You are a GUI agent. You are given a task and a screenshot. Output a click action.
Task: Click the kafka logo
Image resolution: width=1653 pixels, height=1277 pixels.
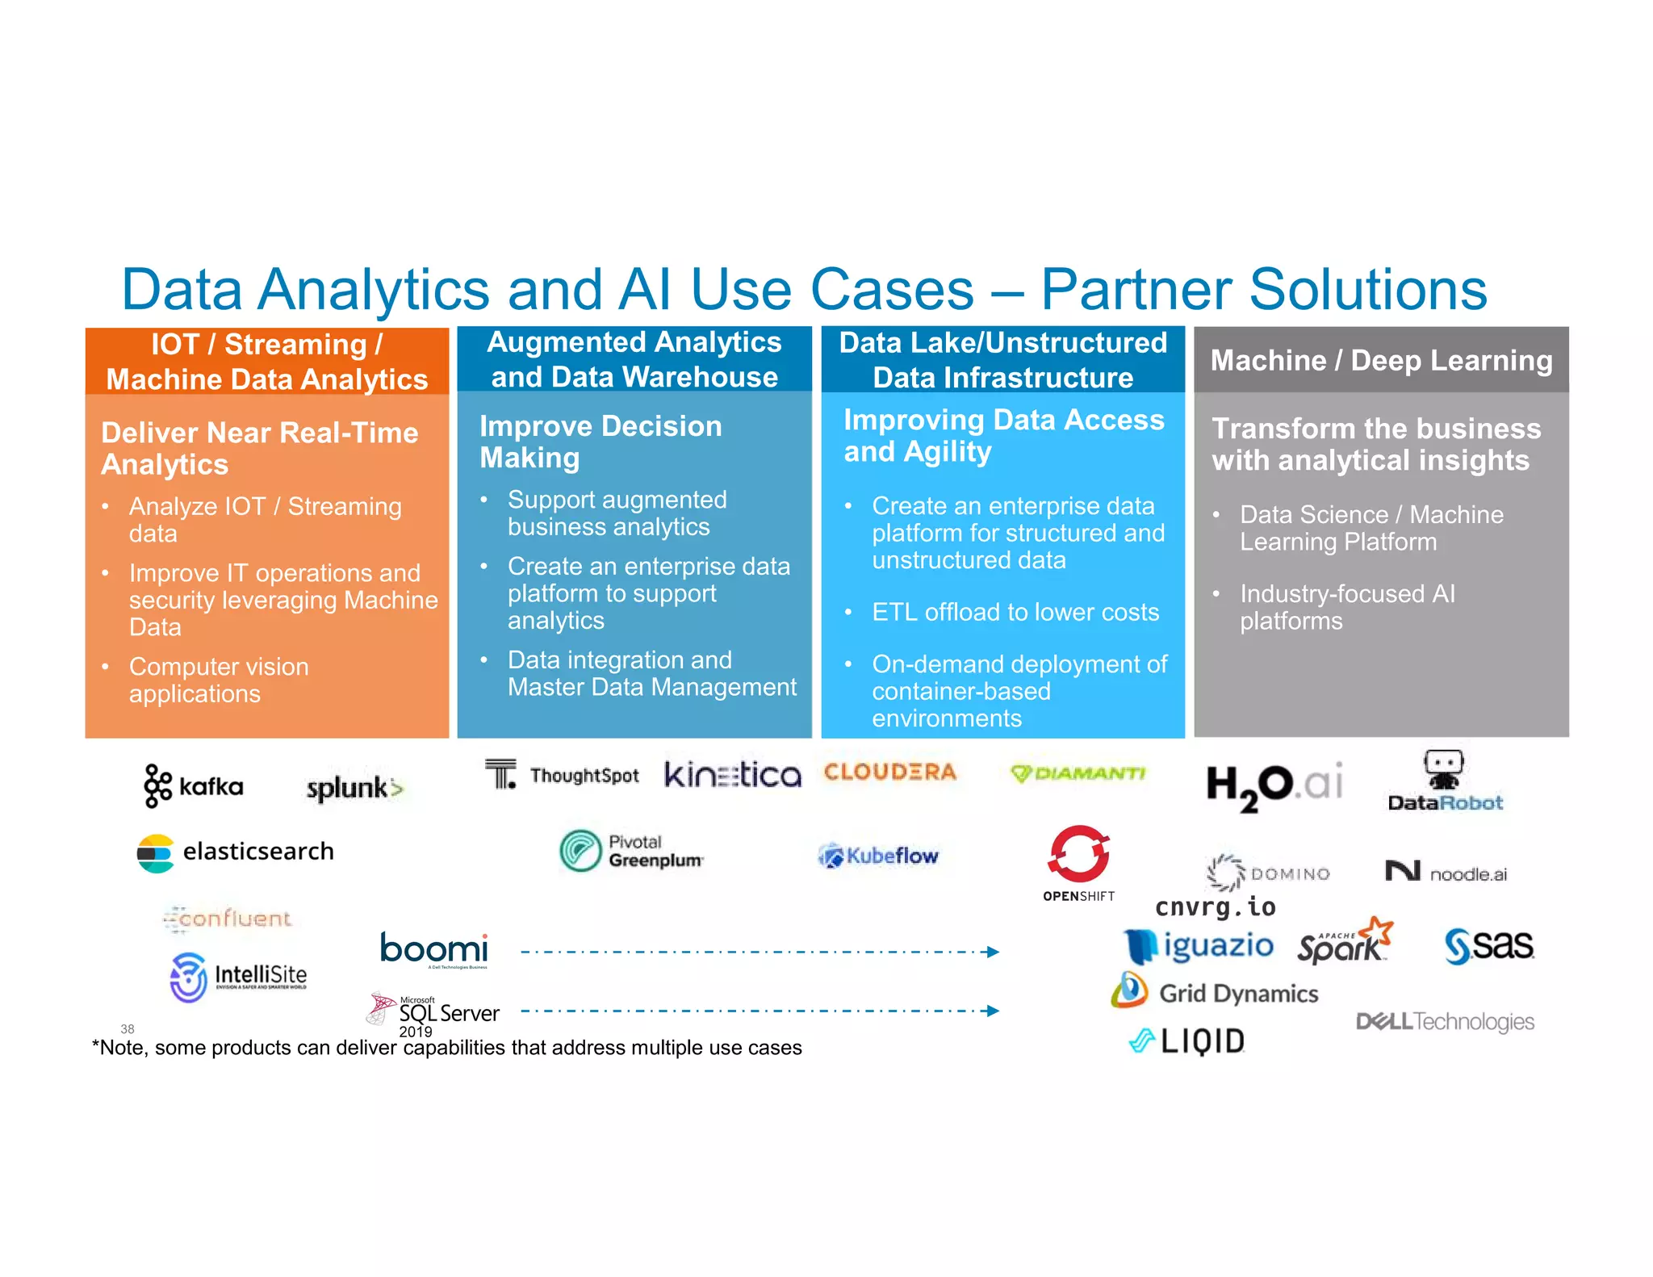(194, 785)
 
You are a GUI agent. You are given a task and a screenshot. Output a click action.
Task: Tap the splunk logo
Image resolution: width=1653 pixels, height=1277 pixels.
(354, 788)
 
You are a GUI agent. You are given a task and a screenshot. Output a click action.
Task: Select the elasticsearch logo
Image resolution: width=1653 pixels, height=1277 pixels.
(236, 852)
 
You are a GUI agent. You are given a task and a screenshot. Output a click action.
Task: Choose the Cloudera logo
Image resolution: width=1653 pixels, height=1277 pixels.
(889, 772)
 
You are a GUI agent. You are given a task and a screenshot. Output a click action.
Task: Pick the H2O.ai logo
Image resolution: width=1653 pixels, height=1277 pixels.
(1274, 785)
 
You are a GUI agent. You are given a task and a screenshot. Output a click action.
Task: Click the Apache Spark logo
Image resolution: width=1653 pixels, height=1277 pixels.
(1345, 942)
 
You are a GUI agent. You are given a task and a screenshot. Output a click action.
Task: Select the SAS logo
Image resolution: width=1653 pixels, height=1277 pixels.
(1488, 945)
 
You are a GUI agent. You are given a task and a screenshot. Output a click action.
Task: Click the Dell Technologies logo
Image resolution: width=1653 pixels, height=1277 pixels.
(1445, 1022)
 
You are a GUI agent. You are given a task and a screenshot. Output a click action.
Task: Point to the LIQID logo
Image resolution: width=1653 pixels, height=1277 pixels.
(1186, 1041)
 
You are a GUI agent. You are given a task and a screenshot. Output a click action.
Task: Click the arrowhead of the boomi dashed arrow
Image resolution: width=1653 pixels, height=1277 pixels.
(994, 952)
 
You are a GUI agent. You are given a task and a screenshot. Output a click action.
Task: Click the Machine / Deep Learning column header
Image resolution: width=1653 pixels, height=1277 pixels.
(1381, 360)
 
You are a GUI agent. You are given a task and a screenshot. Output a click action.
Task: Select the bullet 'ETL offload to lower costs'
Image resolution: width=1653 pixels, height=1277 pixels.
(1015, 612)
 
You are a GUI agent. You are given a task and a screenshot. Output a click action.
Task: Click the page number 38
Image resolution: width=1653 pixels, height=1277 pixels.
(128, 1028)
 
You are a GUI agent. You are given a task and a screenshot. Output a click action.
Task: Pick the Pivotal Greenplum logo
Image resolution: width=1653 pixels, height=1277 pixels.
(631, 852)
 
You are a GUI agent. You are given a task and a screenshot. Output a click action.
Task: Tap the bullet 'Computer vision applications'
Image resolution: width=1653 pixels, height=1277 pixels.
(218, 680)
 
